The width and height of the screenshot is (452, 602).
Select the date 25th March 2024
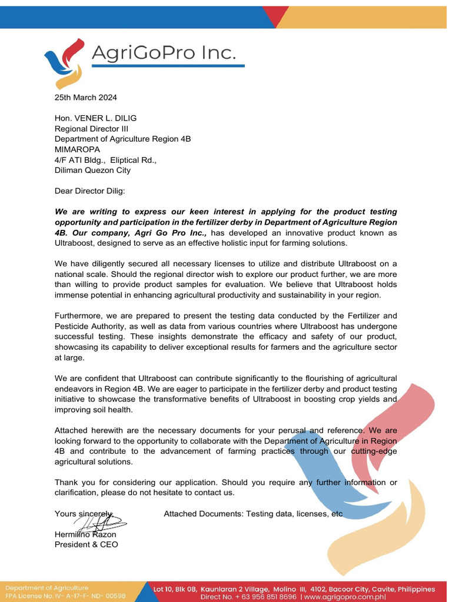coord(86,97)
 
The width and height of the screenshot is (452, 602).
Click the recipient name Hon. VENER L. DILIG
coord(95,118)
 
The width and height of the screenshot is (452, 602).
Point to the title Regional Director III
coord(91,129)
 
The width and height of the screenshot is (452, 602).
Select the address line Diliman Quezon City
coord(92,170)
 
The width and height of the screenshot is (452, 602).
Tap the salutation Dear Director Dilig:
coord(90,191)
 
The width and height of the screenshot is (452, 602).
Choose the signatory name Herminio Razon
coord(85,534)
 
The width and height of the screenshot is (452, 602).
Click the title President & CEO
coord(86,544)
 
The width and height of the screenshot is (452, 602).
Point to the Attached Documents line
coord(253,514)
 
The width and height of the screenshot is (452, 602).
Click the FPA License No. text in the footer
coord(65,596)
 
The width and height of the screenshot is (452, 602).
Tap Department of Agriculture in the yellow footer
coord(47,587)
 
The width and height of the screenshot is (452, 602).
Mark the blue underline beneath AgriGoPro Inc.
coord(168,66)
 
